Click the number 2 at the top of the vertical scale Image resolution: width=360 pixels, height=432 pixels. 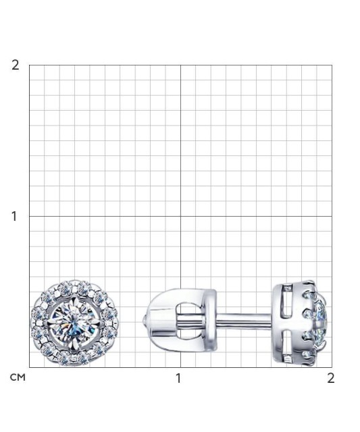[x=15, y=65]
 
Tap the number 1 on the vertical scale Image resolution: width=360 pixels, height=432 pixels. [x=14, y=216]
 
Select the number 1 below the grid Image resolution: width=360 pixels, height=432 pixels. [x=178, y=378]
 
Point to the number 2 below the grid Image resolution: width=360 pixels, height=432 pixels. [x=331, y=378]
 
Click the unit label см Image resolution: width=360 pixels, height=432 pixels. [x=18, y=377]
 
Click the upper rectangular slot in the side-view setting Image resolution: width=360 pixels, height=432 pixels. [x=287, y=301]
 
